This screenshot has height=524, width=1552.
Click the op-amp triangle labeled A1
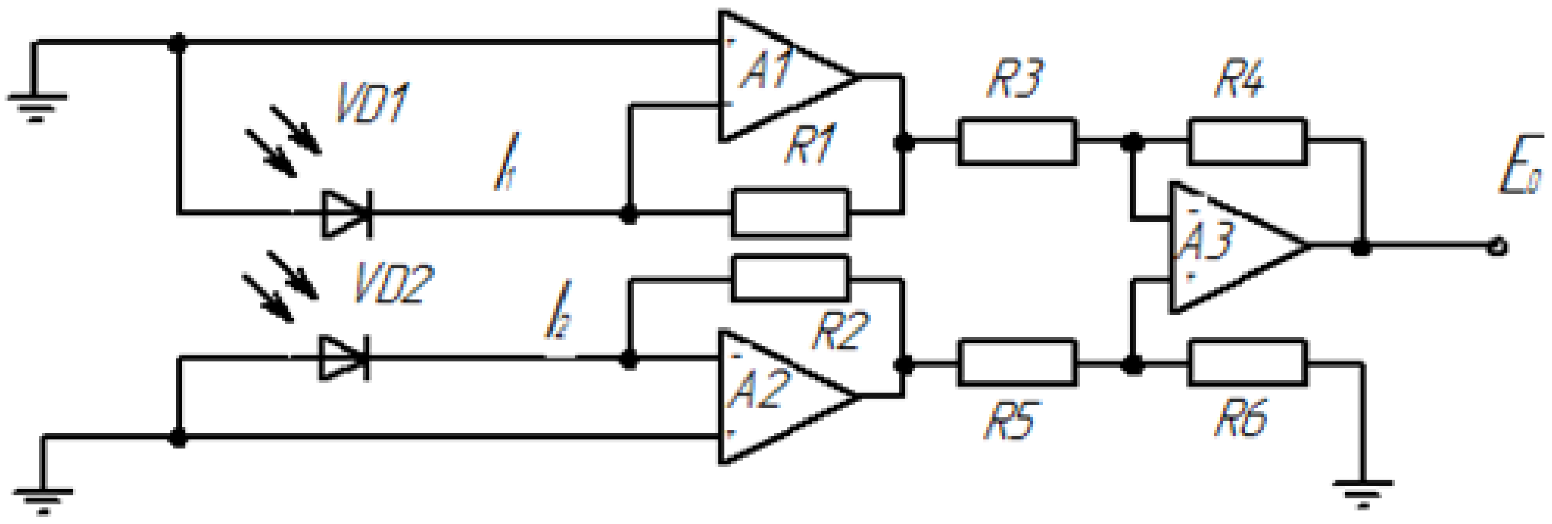(x=777, y=77)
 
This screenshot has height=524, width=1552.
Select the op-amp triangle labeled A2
(x=777, y=396)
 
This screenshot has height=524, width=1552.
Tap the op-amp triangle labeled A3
(x=1229, y=247)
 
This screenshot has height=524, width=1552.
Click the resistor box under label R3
(x=1017, y=142)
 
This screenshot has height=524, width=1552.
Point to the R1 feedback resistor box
(x=790, y=213)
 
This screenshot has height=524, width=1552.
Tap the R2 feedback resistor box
(x=790, y=279)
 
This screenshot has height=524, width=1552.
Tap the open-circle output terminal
(x=1498, y=248)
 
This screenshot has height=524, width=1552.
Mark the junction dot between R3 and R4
(x=1133, y=142)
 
